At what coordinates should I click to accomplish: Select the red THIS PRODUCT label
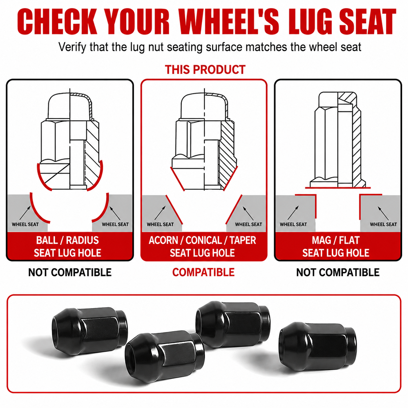(205, 69)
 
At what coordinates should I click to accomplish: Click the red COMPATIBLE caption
(203, 272)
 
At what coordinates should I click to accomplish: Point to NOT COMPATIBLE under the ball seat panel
(70, 272)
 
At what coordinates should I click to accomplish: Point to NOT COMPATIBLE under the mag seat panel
(338, 272)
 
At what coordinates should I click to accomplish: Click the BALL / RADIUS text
(67, 240)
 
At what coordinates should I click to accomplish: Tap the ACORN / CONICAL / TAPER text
(202, 240)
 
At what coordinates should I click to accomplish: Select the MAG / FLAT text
(335, 240)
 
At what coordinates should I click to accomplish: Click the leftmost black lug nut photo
(90, 332)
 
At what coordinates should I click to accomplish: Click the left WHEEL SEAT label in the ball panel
(25, 224)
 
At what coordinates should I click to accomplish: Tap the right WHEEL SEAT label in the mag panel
(383, 224)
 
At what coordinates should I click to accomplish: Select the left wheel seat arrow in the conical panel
(160, 213)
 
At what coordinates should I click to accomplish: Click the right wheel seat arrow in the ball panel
(115, 214)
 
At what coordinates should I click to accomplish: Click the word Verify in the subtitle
(73, 47)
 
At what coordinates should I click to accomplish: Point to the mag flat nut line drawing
(338, 140)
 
